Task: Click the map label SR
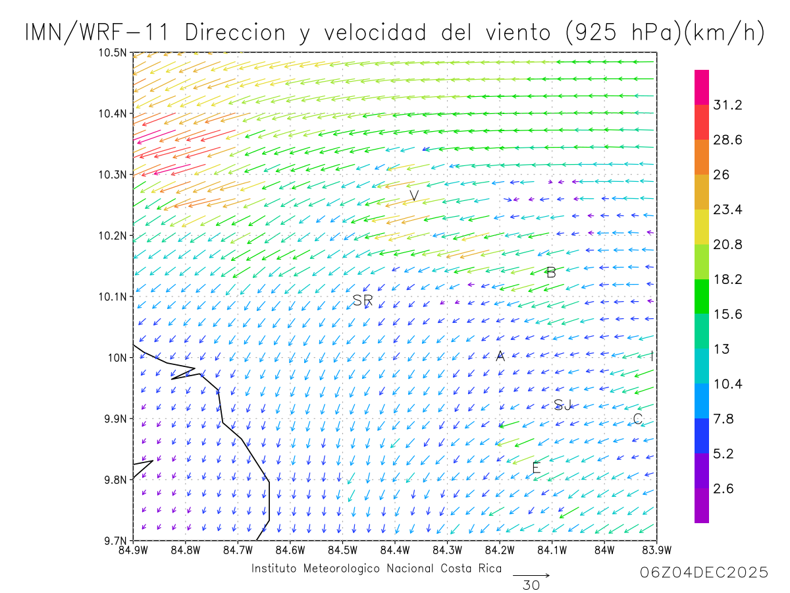(x=363, y=300)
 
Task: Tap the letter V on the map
(x=414, y=196)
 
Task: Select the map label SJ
(x=563, y=405)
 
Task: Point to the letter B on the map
(x=552, y=272)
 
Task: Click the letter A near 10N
(x=500, y=356)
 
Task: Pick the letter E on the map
(x=536, y=468)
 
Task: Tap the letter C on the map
(x=637, y=419)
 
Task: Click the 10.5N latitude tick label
(x=112, y=53)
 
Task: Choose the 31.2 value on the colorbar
(x=727, y=105)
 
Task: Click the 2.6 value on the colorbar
(x=724, y=488)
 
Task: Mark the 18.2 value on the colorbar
(x=727, y=279)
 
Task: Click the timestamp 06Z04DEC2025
(x=704, y=573)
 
